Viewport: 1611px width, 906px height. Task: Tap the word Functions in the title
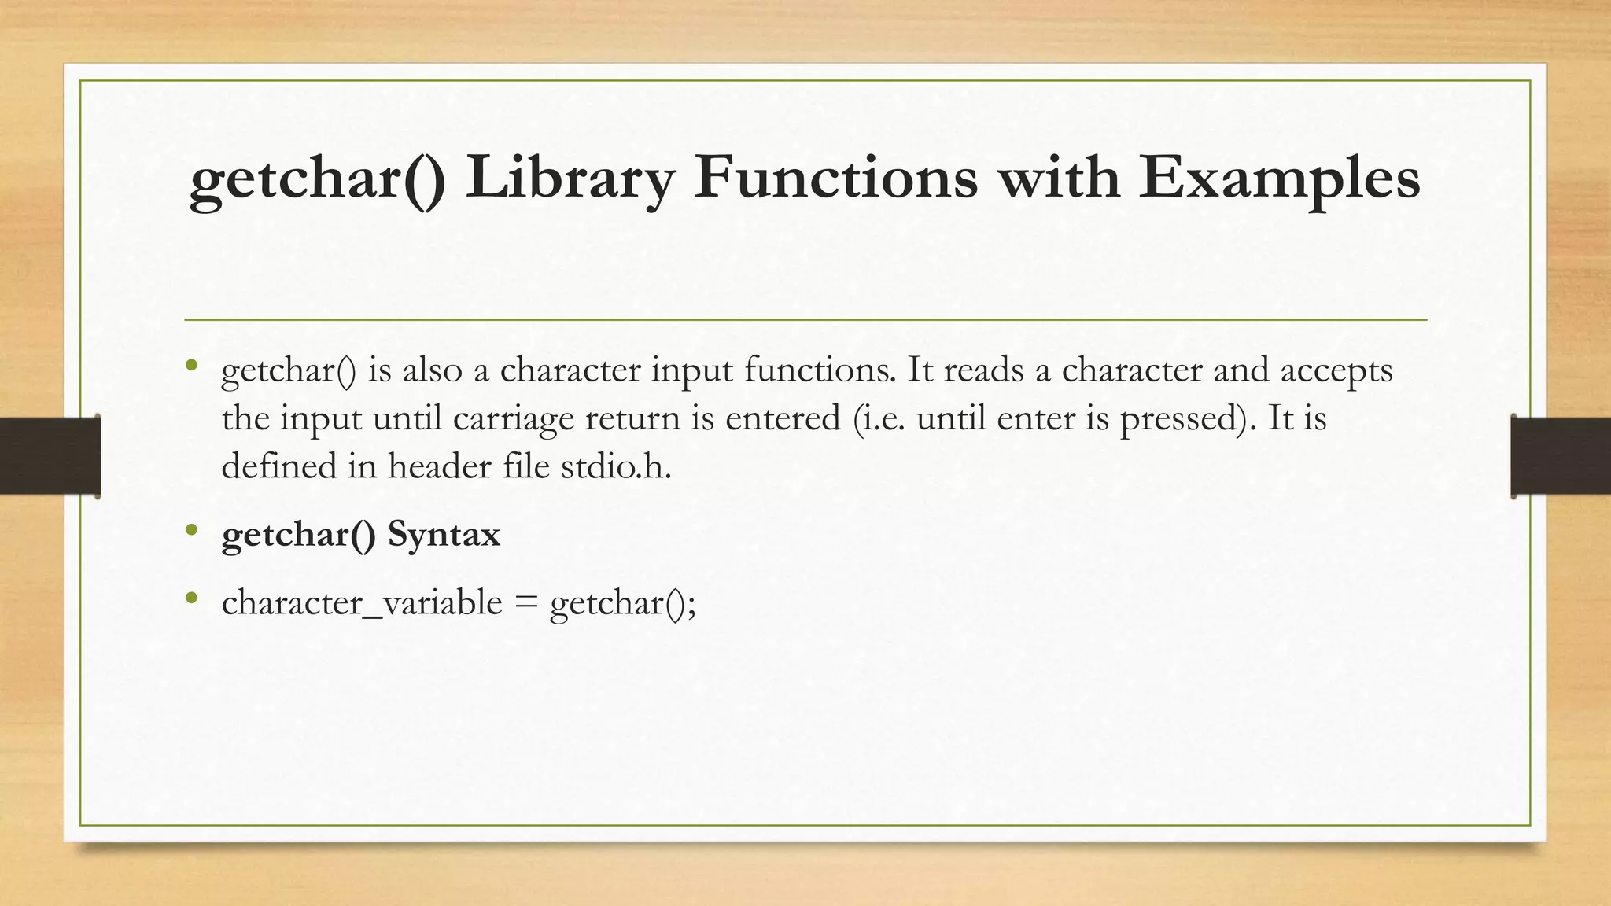(835, 178)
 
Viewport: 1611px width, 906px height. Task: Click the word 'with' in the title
(1058, 178)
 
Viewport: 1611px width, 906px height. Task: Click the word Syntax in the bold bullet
(444, 536)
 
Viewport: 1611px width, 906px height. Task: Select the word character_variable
(361, 603)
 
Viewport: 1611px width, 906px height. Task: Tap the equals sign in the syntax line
(525, 603)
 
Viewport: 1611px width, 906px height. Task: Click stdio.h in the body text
(616, 466)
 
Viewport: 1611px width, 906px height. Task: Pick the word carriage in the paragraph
(514, 418)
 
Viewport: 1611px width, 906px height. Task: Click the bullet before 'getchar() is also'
(191, 365)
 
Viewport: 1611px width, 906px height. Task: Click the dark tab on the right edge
(1561, 456)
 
